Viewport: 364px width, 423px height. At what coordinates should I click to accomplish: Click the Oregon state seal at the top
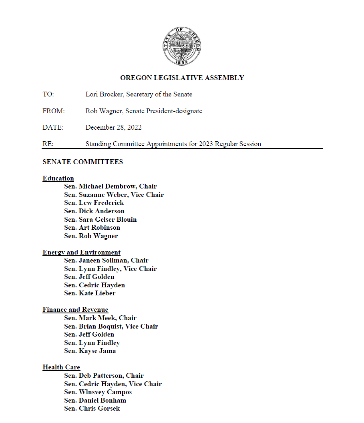pyautogui.click(x=182, y=46)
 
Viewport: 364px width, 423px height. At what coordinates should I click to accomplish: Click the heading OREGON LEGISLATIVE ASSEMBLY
pyautogui.click(x=182, y=78)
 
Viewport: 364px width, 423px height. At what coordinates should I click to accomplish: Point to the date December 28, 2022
pyautogui.click(x=113, y=128)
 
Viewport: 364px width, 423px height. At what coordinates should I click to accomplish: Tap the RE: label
pyautogui.click(x=48, y=144)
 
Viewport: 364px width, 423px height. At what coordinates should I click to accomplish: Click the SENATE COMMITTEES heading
pyautogui.click(x=82, y=162)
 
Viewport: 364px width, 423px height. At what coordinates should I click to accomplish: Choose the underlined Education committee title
pyautogui.click(x=58, y=178)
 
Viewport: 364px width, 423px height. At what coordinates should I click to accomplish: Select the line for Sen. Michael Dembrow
pyautogui.click(x=110, y=186)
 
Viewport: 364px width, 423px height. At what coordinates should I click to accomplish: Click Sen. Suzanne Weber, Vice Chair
pyautogui.click(x=114, y=195)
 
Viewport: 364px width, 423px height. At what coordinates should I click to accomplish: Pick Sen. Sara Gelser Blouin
pyautogui.click(x=100, y=220)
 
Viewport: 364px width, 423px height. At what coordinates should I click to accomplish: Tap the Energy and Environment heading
pyautogui.click(x=81, y=253)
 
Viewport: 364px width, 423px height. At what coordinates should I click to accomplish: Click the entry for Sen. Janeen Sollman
pyautogui.click(x=106, y=261)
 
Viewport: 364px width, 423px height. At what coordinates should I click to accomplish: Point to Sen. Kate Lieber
pyautogui.click(x=90, y=293)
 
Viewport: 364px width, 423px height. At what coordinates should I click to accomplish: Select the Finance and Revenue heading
pyautogui.click(x=75, y=310)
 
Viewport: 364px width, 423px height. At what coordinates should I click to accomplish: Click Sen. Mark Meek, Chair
pyautogui.click(x=100, y=318)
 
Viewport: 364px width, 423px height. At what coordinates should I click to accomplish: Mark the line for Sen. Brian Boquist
pyautogui.click(x=111, y=327)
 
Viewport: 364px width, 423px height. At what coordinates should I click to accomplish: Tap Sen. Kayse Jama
pyautogui.click(x=90, y=351)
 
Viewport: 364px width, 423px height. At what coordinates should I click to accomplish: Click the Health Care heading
pyautogui.click(x=61, y=367)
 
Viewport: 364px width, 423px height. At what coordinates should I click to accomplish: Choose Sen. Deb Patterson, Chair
pyautogui.click(x=104, y=376)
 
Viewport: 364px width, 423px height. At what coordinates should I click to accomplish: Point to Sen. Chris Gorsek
pyautogui.click(x=92, y=409)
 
